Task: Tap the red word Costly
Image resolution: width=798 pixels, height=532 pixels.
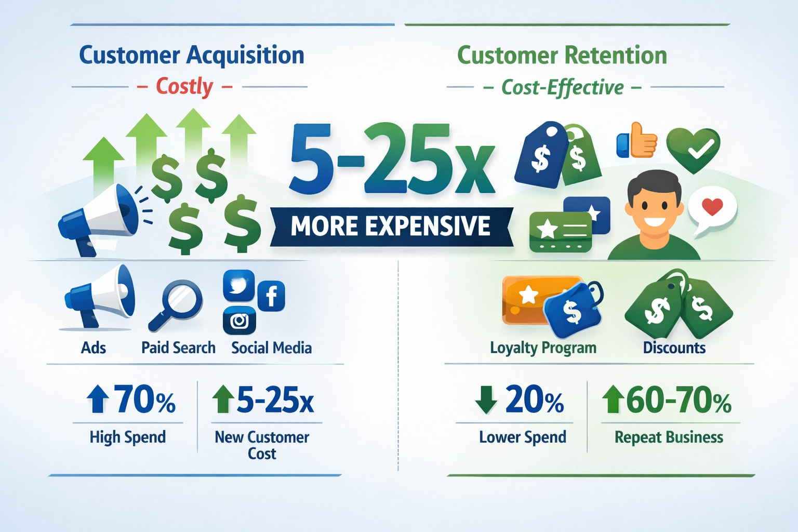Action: click(184, 87)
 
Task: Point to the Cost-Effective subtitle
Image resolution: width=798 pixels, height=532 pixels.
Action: click(562, 88)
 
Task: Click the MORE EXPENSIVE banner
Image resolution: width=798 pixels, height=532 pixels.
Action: click(391, 227)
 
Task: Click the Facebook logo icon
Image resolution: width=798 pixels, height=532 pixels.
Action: click(271, 296)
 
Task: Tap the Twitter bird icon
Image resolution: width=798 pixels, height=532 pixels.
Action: click(238, 285)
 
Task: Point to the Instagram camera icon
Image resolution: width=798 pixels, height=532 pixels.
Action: click(239, 321)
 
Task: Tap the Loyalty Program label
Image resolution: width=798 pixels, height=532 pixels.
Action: click(543, 348)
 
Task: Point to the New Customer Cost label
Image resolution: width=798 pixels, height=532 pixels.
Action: click(262, 445)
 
